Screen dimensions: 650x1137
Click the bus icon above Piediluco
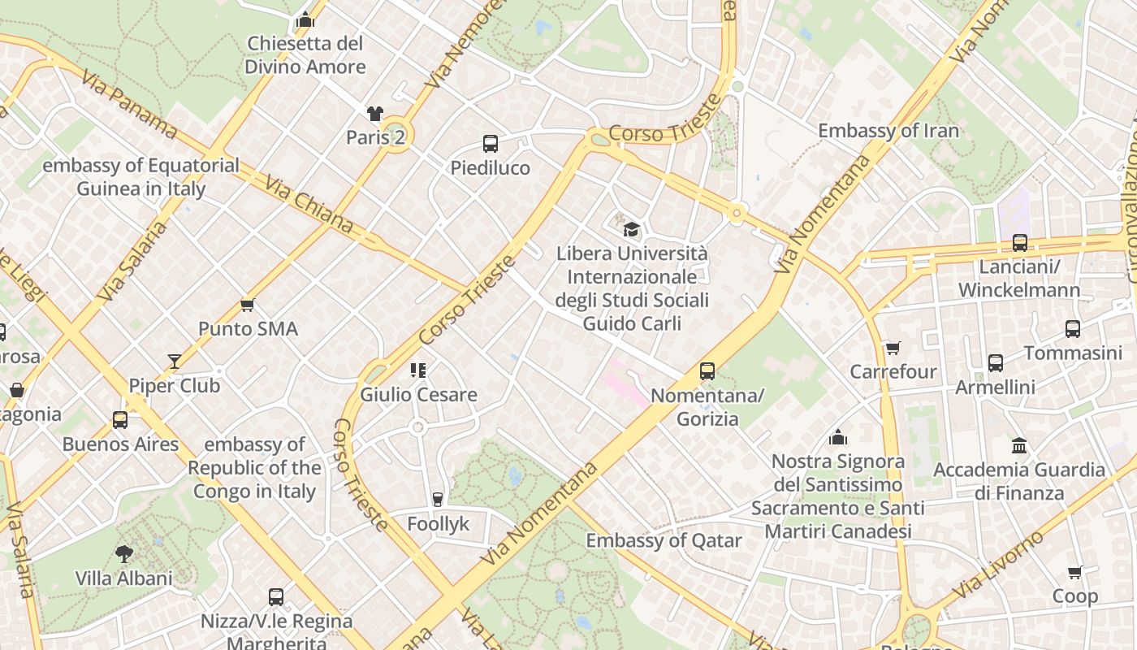[x=490, y=144]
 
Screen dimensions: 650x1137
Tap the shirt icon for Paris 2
[x=374, y=114]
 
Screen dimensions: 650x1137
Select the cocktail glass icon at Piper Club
[x=175, y=362]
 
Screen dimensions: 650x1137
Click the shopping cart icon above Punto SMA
[x=248, y=305]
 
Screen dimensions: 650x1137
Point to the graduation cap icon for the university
[x=632, y=230]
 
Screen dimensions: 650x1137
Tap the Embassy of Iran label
[x=888, y=131]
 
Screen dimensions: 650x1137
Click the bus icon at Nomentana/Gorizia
[x=707, y=371]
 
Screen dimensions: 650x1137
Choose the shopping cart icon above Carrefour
[x=893, y=348]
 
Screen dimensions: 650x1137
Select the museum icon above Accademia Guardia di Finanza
[x=1019, y=445]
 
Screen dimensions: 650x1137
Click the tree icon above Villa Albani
[x=123, y=554]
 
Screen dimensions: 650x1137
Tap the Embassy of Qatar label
[x=664, y=540]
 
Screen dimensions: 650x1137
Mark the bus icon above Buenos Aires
[x=120, y=420]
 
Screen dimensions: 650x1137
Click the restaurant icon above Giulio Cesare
[x=418, y=370]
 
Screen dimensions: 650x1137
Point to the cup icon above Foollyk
[x=438, y=499]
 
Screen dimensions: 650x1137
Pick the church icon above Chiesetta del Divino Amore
[x=305, y=19]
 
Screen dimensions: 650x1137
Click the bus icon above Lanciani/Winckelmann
[x=1019, y=242]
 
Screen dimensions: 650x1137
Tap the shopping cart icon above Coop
[x=1075, y=572]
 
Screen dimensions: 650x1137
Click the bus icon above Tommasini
[x=1073, y=329]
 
